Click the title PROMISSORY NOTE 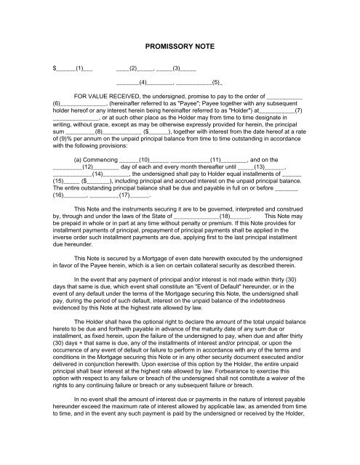[180, 45]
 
